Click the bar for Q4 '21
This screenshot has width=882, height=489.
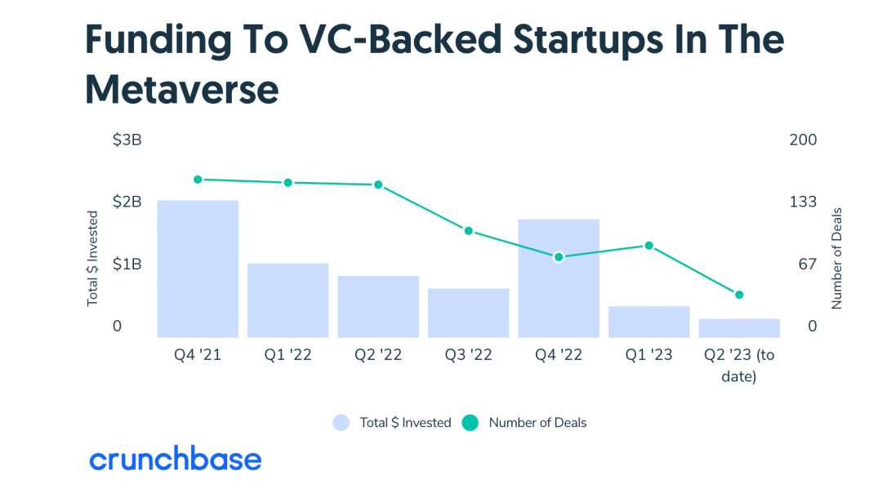pos(198,269)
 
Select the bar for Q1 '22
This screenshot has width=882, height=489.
pos(287,300)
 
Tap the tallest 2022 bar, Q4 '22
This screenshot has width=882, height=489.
pos(559,278)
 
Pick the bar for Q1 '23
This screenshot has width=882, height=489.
pos(648,322)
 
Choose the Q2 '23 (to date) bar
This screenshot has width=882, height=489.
pos(739,327)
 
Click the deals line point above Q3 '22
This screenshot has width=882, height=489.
pos(469,231)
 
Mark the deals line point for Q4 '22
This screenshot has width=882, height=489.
pos(559,257)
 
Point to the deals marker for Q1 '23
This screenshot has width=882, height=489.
pos(649,246)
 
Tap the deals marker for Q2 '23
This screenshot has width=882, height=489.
pos(739,295)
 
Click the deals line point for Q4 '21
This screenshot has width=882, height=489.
pos(198,180)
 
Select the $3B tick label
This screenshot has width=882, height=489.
pos(127,140)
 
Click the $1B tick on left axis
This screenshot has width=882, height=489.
pos(127,265)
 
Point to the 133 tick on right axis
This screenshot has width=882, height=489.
pos(803,202)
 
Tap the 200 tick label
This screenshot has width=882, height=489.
pos(803,140)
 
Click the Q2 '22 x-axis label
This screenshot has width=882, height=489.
pos(378,355)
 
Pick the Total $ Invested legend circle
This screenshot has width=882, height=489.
pos(341,423)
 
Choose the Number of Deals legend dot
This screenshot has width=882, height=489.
pos(470,423)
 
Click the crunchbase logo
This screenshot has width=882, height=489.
pos(176,460)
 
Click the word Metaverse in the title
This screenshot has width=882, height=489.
pos(182,90)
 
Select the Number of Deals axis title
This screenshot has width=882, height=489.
pos(836,258)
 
